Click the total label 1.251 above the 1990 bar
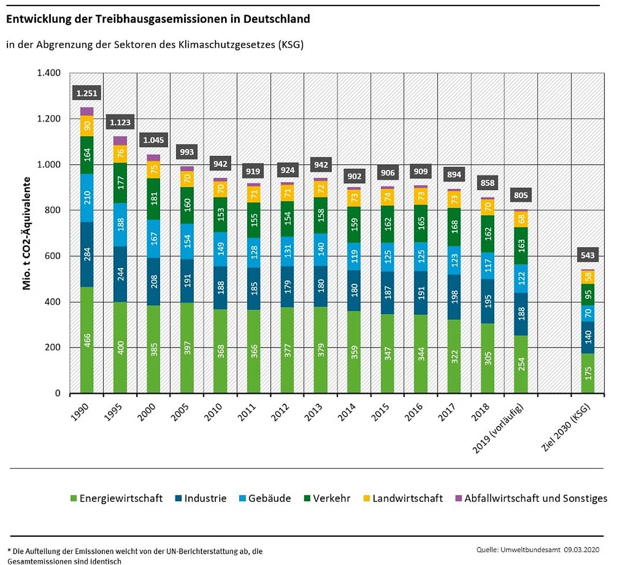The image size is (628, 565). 87,93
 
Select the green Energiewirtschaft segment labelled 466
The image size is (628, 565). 87,340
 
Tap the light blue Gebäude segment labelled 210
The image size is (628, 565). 87,198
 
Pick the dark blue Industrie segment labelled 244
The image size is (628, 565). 121,274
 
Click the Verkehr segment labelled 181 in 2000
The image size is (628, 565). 154,199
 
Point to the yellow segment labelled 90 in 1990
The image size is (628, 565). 87,126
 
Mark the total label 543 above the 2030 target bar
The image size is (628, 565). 588,255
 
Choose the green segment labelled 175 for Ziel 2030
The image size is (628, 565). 588,373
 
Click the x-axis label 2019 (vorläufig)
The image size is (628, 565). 498,428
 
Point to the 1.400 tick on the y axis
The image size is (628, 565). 49,73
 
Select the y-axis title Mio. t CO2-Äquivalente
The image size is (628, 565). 27,233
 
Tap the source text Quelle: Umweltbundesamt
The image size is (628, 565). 518,549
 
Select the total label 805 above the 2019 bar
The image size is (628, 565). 521,195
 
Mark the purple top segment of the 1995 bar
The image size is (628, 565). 121,140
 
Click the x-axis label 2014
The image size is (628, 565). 347,412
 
